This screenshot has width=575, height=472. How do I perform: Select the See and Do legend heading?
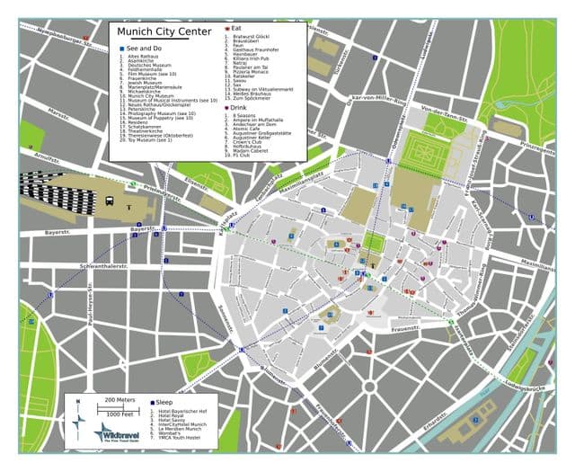tap(146, 47)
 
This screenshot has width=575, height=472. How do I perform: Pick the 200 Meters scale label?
tap(119, 398)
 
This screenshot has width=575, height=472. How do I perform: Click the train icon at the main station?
tap(109, 200)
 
